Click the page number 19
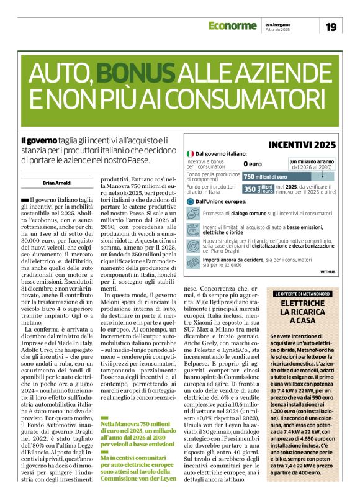(x=331, y=26)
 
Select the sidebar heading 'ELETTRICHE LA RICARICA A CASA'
(x=308, y=312)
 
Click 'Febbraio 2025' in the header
(x=277, y=30)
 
